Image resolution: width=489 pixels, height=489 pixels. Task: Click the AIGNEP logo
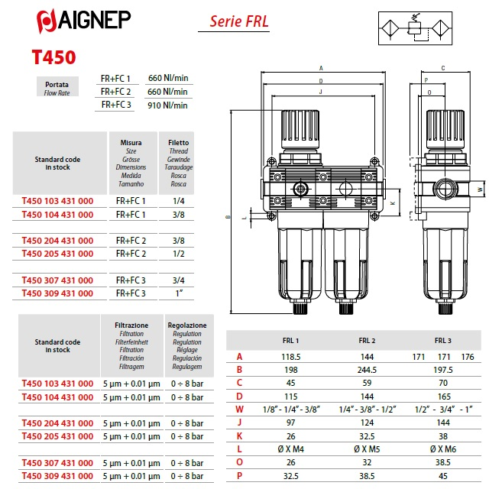(x=83, y=21)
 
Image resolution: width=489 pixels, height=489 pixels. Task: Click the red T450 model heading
(x=54, y=57)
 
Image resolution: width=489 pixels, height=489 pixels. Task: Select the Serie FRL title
(x=239, y=21)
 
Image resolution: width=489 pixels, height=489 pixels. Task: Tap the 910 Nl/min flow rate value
(x=167, y=105)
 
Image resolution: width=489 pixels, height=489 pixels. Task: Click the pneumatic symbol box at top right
(x=415, y=28)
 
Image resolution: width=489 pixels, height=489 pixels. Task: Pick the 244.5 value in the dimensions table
(x=367, y=370)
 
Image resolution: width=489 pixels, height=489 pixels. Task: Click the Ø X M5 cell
(x=367, y=449)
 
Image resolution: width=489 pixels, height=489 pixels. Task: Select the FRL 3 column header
(x=443, y=341)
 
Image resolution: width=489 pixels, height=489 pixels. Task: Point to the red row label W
(x=239, y=410)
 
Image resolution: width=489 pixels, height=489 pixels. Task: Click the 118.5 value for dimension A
(x=290, y=357)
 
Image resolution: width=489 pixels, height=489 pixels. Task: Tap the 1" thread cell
(x=179, y=293)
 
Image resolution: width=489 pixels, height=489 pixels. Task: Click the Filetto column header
(x=178, y=143)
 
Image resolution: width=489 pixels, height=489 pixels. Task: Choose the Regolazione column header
(x=187, y=325)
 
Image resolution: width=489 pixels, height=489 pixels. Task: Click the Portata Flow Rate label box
(x=57, y=86)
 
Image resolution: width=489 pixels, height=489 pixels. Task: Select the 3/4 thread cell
(x=179, y=280)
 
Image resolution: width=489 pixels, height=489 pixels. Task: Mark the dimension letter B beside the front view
(x=228, y=217)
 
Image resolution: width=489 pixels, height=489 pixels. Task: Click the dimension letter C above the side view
(x=443, y=68)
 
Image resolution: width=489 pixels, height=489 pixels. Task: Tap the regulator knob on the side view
(x=445, y=129)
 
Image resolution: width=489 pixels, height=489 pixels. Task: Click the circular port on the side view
(x=445, y=189)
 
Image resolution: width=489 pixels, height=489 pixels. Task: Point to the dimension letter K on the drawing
(x=393, y=203)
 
